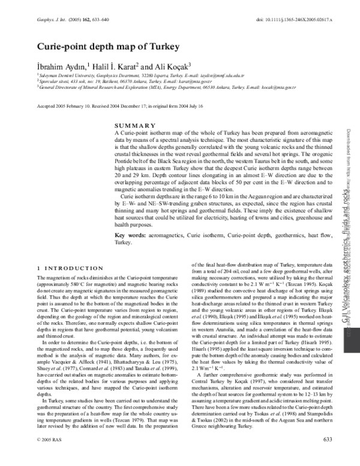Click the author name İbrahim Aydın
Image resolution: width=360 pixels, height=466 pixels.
(58, 65)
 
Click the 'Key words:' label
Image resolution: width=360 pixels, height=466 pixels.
(130, 234)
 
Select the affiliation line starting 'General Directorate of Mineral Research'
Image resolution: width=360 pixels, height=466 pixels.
(149, 87)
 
